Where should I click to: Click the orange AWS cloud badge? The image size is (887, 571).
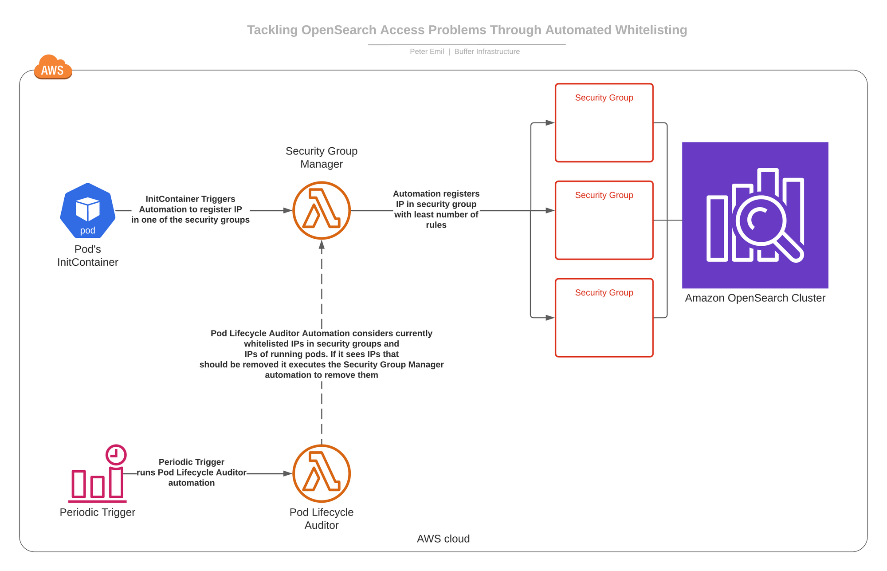pos(53,67)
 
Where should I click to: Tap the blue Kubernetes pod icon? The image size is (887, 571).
pos(88,211)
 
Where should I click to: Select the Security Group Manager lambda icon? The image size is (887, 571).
pos(322,210)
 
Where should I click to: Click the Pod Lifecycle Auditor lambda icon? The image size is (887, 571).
pos(322,473)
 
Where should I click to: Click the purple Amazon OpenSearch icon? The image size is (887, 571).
pos(755,215)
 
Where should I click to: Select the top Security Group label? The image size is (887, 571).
pos(604,98)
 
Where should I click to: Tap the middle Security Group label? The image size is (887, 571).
pos(604,195)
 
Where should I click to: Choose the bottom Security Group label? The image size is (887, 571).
pos(604,293)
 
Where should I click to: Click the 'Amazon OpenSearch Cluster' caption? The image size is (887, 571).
pos(755,298)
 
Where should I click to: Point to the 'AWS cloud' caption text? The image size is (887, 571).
pos(443,539)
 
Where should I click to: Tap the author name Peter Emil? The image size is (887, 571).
pos(427,51)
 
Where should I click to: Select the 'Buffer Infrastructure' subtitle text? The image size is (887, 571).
pos(487,51)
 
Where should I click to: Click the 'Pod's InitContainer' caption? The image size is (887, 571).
pos(88,256)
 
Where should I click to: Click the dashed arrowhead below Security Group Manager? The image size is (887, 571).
pos(322,244)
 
